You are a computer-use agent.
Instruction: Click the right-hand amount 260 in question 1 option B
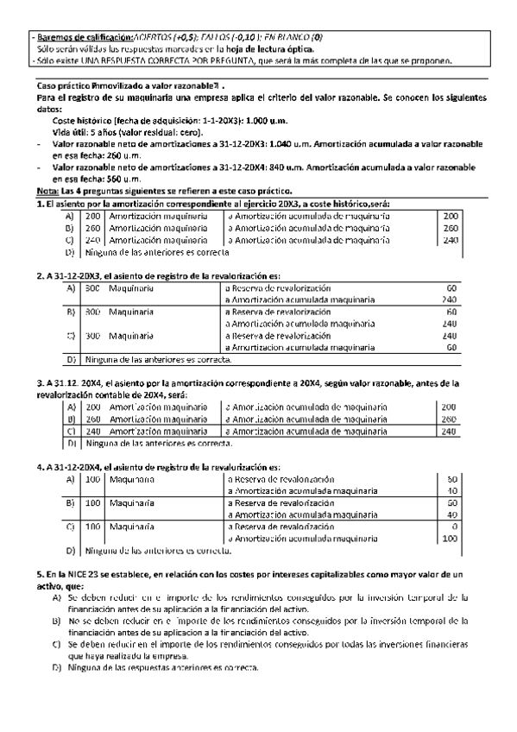[x=449, y=228]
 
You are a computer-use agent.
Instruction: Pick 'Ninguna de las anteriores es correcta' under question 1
[x=157, y=253]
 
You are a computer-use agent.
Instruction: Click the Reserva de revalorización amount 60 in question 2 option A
[x=451, y=287]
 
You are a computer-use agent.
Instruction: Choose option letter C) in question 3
[x=71, y=431]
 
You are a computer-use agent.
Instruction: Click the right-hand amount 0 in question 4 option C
[x=453, y=526]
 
